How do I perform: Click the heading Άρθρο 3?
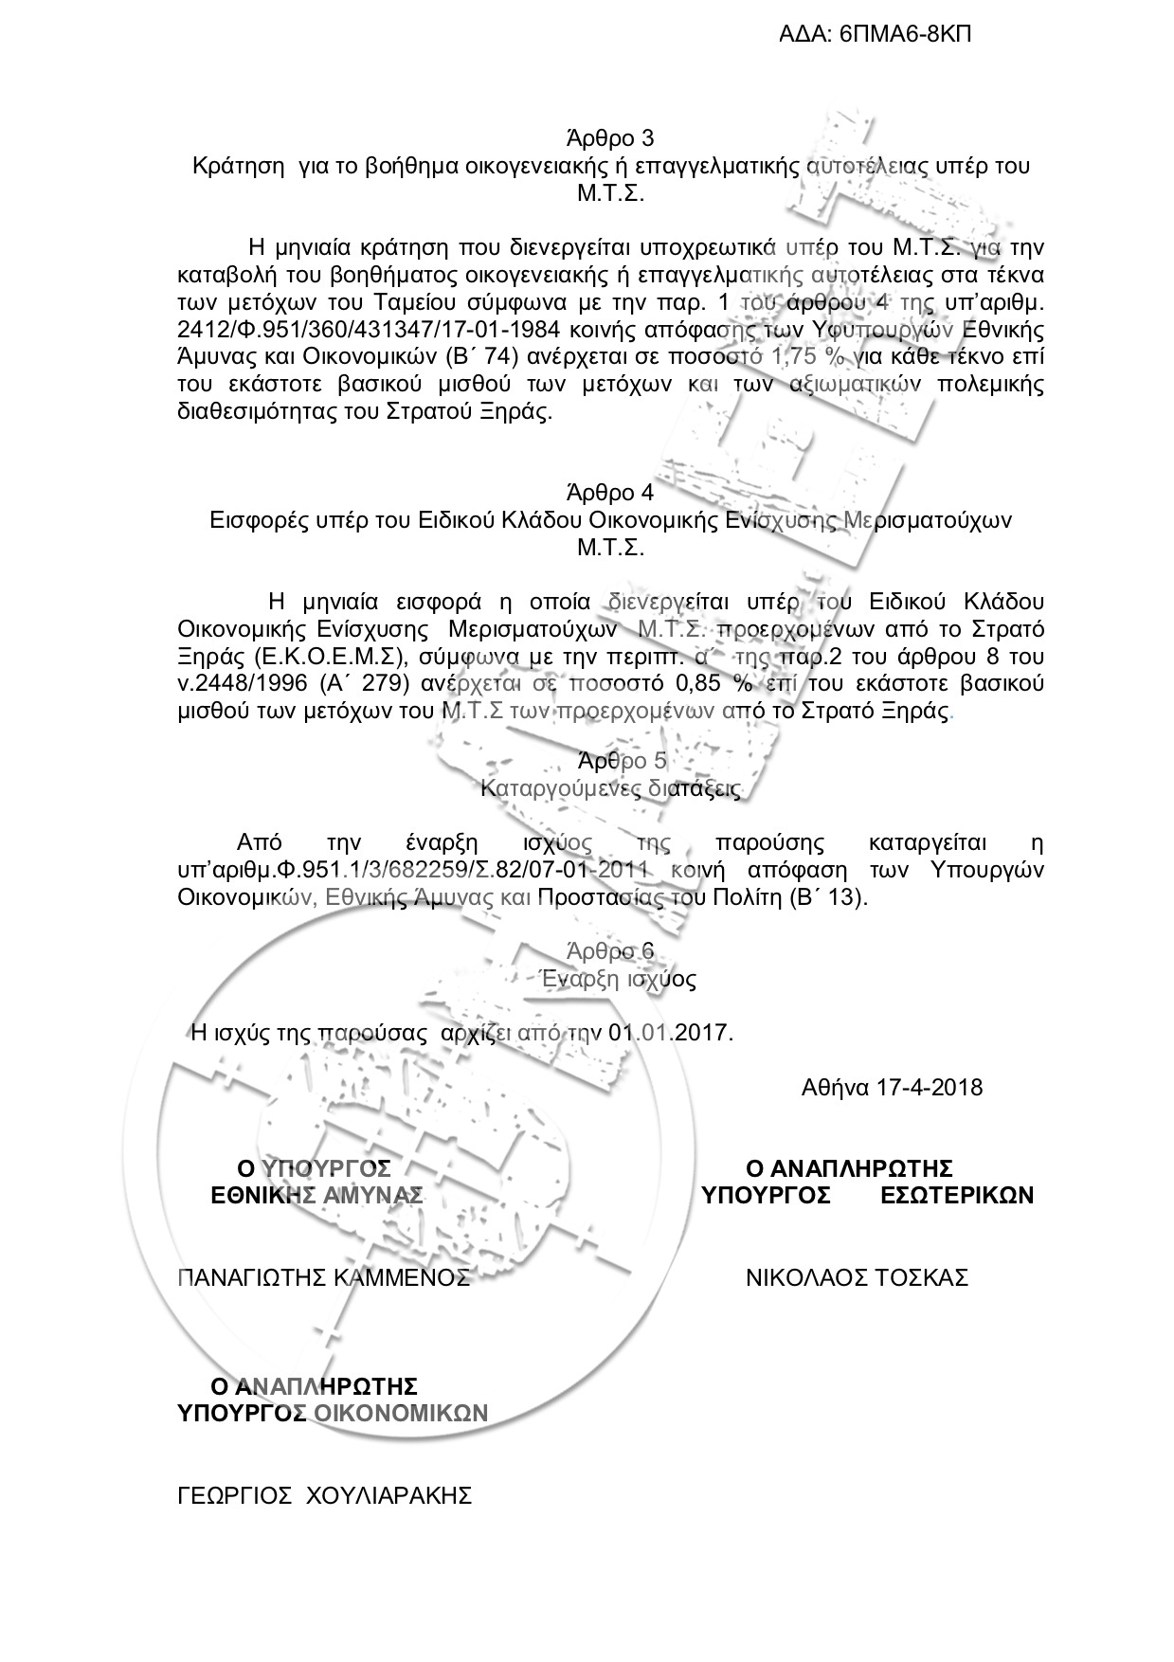(x=609, y=138)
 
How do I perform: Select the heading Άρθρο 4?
(x=609, y=493)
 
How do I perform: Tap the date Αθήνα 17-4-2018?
(x=892, y=1087)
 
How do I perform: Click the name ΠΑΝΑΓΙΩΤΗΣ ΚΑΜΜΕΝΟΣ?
(x=324, y=1277)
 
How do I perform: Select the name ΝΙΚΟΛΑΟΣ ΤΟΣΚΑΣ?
(x=857, y=1277)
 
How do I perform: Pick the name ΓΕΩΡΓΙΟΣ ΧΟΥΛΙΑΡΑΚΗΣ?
(x=325, y=1495)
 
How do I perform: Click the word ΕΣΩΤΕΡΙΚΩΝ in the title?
(x=957, y=1195)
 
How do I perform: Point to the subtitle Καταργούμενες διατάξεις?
(x=611, y=788)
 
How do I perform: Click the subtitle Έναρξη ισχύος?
(x=616, y=979)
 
